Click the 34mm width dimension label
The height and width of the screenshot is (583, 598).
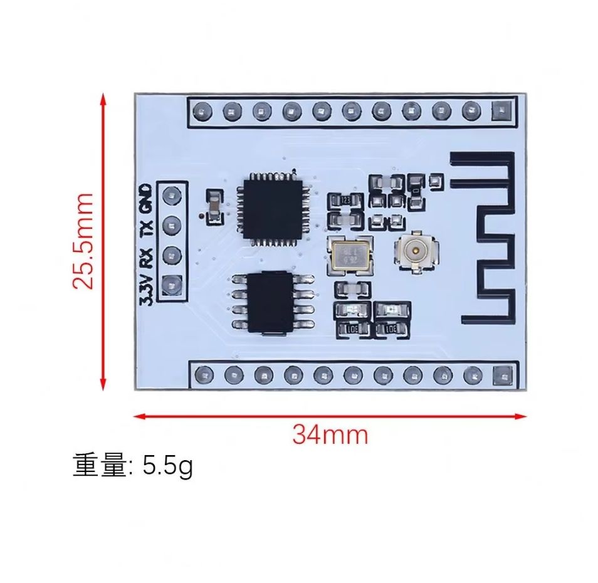[330, 434]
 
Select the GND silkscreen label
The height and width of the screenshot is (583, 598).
[145, 199]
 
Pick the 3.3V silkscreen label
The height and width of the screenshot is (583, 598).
[145, 288]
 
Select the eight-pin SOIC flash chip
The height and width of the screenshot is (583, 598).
[273, 302]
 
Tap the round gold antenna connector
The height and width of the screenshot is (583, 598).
[414, 251]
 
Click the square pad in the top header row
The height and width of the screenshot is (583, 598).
[501, 112]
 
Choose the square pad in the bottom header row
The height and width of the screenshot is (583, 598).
[502, 376]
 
